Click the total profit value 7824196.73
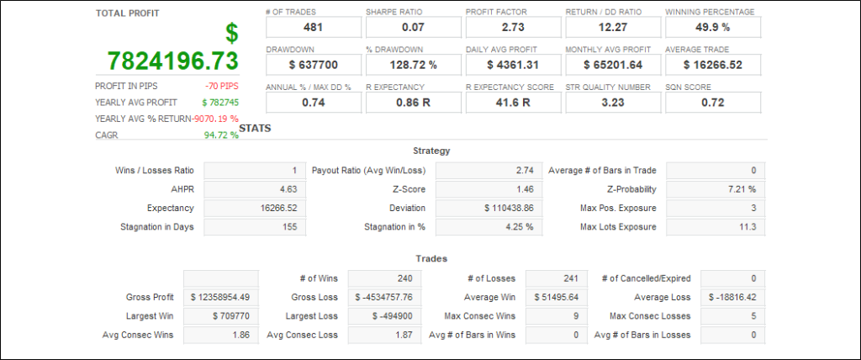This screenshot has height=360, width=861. pyautogui.click(x=173, y=61)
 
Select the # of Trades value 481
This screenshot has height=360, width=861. pyautogui.click(x=313, y=28)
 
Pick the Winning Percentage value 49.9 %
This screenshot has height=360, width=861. pyautogui.click(x=712, y=28)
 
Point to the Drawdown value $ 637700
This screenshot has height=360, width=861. pyautogui.click(x=313, y=65)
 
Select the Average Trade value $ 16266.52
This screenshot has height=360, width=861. pyautogui.click(x=712, y=65)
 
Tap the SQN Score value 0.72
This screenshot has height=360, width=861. pyautogui.click(x=712, y=103)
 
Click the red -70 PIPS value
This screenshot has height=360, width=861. pyautogui.click(x=221, y=86)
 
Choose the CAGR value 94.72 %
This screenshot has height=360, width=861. pyautogui.click(x=221, y=135)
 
